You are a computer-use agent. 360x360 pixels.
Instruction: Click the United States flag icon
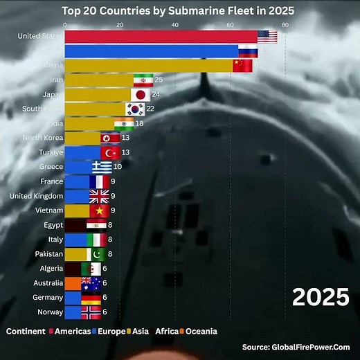tap(267, 36)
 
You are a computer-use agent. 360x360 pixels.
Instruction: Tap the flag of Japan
tap(141, 95)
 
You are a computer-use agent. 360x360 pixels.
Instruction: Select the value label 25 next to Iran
tap(159, 80)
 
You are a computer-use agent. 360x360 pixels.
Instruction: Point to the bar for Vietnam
tap(77, 210)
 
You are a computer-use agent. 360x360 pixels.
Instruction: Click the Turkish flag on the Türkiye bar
tap(111, 152)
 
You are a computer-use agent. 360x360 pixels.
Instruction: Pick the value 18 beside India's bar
tap(139, 123)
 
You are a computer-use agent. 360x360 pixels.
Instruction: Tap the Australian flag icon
tap(91, 283)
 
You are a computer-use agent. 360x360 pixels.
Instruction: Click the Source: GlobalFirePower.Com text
tap(296, 348)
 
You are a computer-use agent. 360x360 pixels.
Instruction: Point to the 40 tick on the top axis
tap(174, 24)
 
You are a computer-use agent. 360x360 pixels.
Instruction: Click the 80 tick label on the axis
tap(285, 24)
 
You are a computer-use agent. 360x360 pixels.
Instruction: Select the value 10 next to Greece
tap(118, 167)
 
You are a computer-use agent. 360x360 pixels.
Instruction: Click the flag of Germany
tap(91, 298)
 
